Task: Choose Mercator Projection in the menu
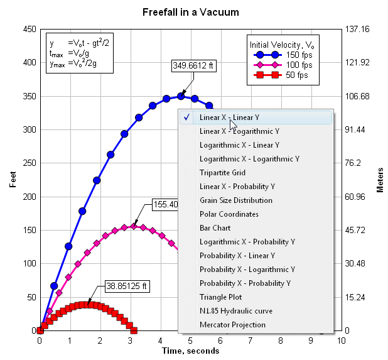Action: point(232,325)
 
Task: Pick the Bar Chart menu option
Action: point(215,228)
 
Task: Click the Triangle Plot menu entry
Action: point(220,297)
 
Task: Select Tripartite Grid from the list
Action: point(222,173)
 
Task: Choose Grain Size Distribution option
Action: point(235,200)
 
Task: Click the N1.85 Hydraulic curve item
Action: point(235,311)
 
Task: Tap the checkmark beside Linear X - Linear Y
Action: point(187,117)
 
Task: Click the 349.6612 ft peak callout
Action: point(193,65)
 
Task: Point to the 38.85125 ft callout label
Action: point(127,286)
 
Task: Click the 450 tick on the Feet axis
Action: point(27,29)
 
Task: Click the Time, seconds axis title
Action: point(190,351)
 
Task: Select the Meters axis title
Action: point(380,180)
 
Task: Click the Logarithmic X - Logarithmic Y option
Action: point(249,159)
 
